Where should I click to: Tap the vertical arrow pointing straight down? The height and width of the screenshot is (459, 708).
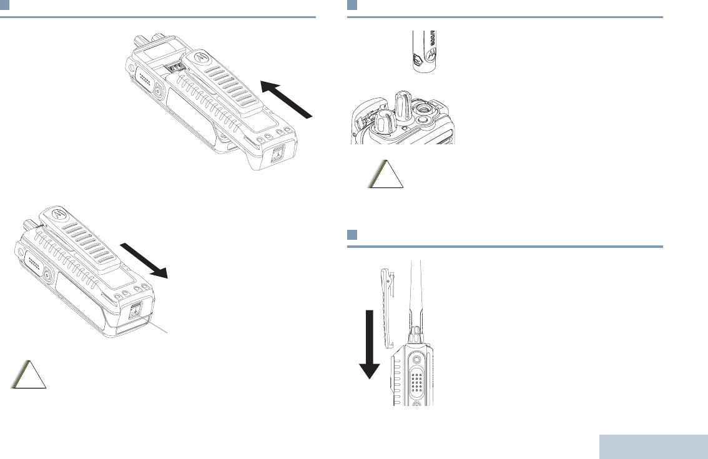pos(370,344)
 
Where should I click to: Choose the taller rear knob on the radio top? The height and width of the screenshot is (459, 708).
pos(403,106)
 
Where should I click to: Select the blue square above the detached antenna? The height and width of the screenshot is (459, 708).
pos(352,5)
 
